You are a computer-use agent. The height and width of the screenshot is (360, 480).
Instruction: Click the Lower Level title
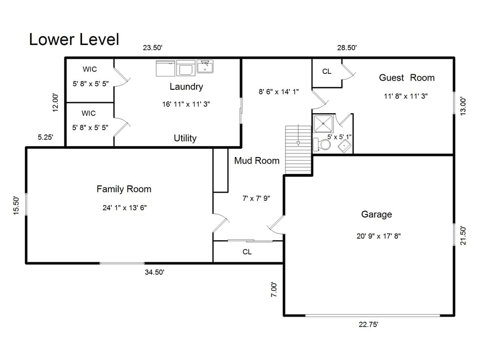[x=74, y=39]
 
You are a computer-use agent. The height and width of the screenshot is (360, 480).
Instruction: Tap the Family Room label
[x=124, y=189]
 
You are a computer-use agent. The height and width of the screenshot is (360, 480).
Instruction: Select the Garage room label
[x=376, y=214]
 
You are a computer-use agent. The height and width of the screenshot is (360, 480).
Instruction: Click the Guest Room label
[x=407, y=78]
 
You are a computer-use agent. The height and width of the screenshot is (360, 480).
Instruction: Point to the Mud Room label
[x=257, y=161]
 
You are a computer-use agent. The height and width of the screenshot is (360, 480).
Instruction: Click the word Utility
[x=185, y=138]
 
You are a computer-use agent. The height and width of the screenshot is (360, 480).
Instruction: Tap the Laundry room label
[x=186, y=87]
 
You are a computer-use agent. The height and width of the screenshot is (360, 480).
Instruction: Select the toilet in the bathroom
[x=324, y=145]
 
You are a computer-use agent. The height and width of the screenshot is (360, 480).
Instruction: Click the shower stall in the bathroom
[x=324, y=123]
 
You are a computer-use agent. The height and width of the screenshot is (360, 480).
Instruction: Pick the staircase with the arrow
[x=299, y=149]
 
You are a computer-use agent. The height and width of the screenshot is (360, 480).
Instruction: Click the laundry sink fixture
[x=205, y=67]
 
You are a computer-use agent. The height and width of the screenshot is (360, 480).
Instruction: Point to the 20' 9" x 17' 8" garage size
[x=378, y=236]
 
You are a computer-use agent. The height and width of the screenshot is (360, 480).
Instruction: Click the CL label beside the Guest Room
[x=327, y=72]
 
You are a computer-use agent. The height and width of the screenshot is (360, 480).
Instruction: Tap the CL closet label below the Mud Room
[x=247, y=252]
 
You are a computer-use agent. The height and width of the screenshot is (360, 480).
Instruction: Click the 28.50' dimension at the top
[x=347, y=48]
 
